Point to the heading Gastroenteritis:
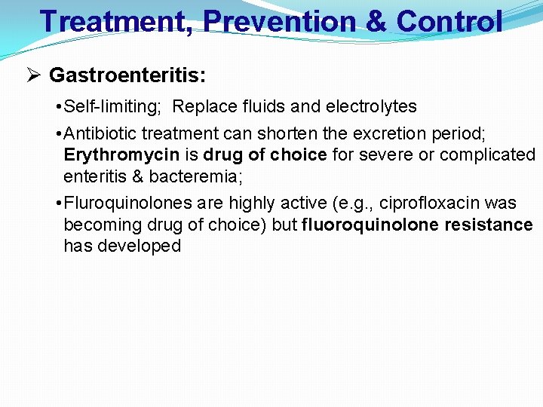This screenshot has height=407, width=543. (x=127, y=75)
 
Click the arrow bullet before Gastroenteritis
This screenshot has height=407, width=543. (x=32, y=75)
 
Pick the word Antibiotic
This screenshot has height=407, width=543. (x=102, y=134)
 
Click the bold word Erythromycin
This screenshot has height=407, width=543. (x=121, y=155)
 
